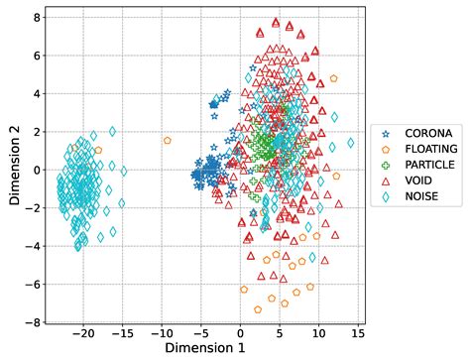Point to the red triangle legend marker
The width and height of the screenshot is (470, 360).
[387, 180]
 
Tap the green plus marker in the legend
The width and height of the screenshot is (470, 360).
[387, 165]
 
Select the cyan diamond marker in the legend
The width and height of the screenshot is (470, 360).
[387, 196]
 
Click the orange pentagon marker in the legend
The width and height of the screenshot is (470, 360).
[387, 149]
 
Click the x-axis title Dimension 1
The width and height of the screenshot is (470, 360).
[205, 349]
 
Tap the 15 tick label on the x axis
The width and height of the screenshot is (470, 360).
[357, 333]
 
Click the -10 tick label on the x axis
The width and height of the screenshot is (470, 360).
[161, 333]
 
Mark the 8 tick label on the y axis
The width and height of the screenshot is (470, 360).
[36, 17]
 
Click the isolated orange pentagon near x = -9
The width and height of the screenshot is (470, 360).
[168, 141]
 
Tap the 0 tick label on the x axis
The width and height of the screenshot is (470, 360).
[239, 333]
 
